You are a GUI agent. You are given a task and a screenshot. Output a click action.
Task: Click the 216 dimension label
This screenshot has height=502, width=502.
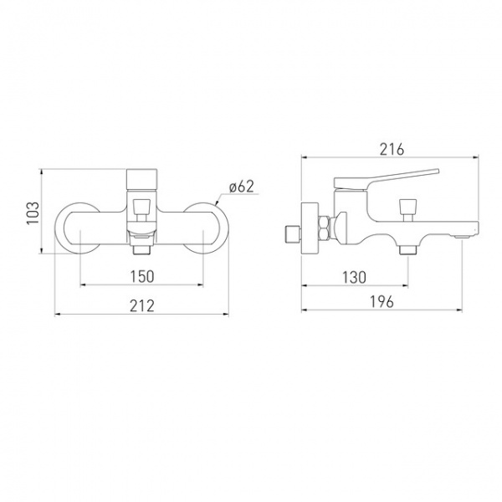pyautogui.click(x=392, y=149)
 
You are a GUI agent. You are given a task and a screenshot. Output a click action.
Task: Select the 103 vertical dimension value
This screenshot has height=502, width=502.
pyautogui.click(x=33, y=213)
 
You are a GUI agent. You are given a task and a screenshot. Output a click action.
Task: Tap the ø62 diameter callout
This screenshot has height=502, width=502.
pyautogui.click(x=242, y=187)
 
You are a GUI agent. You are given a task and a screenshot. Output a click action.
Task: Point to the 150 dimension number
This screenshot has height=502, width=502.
pyautogui.click(x=142, y=277)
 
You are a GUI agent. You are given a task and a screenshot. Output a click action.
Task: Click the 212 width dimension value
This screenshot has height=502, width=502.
pyautogui.click(x=142, y=305)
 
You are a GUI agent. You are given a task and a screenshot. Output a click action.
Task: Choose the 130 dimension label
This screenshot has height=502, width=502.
pyautogui.click(x=354, y=277)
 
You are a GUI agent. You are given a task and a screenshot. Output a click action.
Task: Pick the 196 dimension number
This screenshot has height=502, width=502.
pyautogui.click(x=382, y=301)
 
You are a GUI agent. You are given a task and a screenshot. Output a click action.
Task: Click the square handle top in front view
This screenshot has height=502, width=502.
pyautogui.click(x=142, y=180)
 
